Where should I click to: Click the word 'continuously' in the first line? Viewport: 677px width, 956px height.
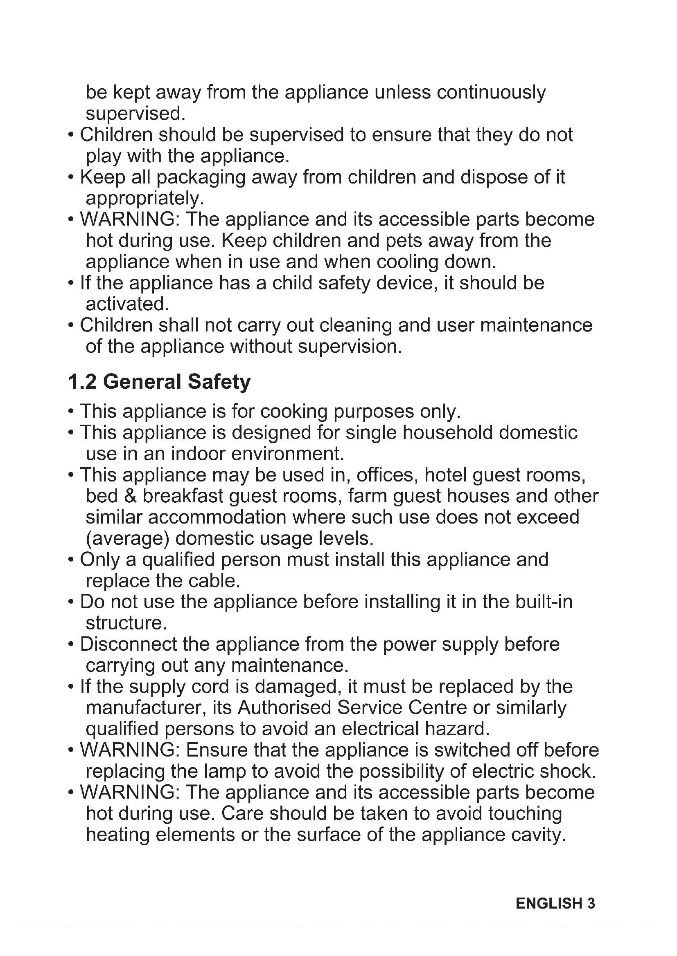point(491,92)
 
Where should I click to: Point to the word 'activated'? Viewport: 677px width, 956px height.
point(126,304)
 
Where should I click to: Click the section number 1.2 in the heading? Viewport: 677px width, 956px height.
point(82,382)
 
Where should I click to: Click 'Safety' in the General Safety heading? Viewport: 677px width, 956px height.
point(219,382)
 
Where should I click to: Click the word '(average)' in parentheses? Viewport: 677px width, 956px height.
point(127,538)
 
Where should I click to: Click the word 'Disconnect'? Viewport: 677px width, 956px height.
point(129,644)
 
